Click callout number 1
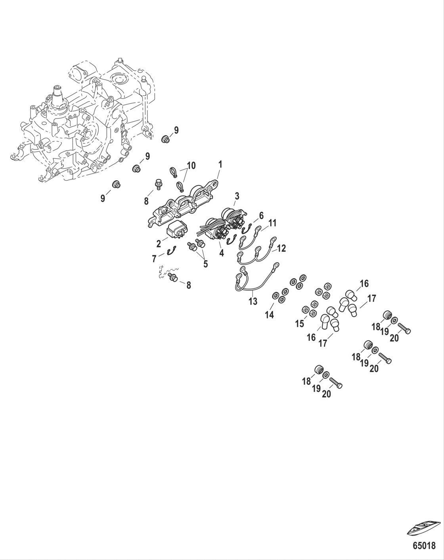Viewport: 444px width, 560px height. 220,164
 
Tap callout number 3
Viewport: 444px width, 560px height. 237,196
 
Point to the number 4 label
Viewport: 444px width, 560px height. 221,253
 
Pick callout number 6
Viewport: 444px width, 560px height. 261,216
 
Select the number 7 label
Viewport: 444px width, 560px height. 154,259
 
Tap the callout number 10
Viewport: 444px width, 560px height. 191,166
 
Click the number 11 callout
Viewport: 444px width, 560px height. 272,223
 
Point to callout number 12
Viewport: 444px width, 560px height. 281,249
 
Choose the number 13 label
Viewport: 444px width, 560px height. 253,301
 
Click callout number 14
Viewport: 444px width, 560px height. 270,315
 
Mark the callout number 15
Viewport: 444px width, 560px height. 300,324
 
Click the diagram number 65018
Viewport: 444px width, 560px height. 424,546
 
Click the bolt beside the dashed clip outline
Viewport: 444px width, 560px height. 173,277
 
